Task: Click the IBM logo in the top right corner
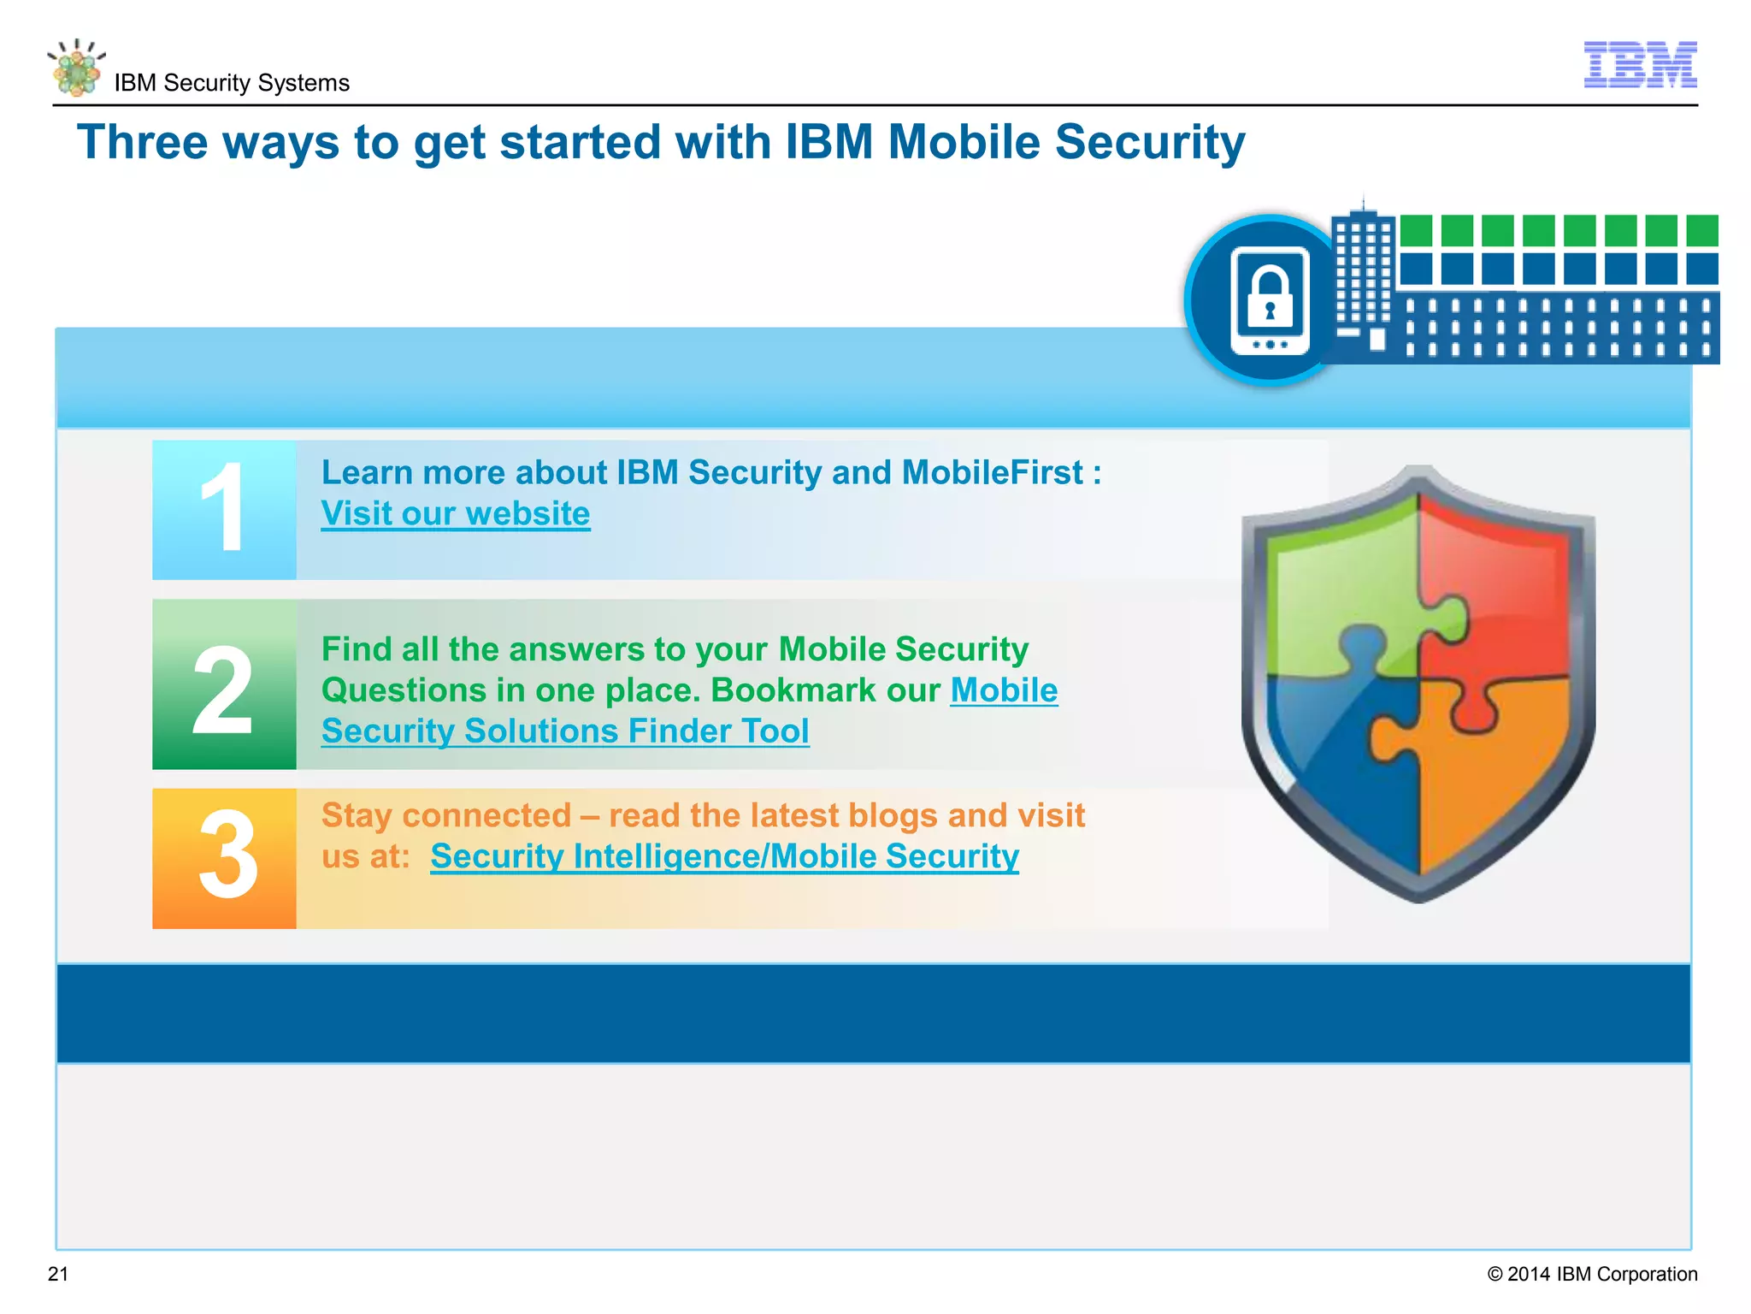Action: [1640, 64]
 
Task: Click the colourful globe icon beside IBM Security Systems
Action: [77, 68]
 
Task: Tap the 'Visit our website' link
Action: [456, 513]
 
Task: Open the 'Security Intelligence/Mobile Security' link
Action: [724, 856]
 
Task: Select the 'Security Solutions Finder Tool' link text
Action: [565, 731]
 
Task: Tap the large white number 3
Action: [227, 855]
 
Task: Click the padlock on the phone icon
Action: [1270, 297]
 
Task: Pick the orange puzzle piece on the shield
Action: [1488, 770]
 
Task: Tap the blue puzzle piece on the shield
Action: [1334, 753]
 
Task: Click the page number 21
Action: [58, 1274]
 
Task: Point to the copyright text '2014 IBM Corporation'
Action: [1601, 1274]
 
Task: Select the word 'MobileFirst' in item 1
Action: [993, 472]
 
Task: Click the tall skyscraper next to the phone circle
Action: [1363, 274]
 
